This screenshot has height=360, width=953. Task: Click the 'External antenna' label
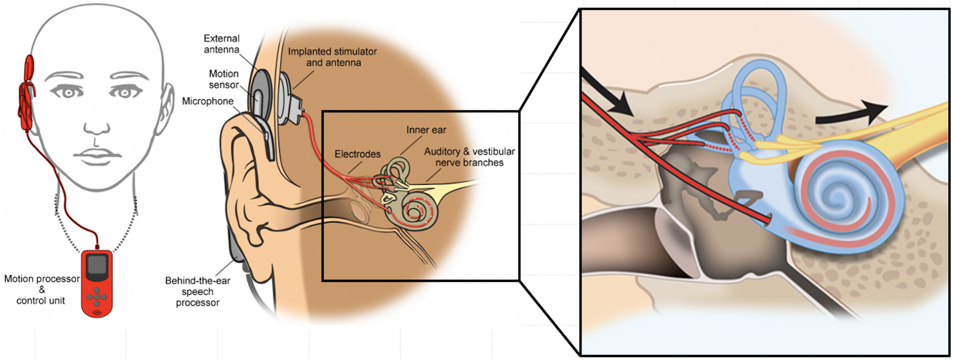coord(221,44)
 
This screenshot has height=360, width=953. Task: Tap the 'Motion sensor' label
coord(224,79)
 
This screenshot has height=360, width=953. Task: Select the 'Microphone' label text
coord(208,101)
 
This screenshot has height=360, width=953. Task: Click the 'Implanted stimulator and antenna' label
coord(332,57)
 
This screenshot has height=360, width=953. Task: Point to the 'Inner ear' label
coord(426,130)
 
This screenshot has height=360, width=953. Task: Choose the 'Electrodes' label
coord(357,154)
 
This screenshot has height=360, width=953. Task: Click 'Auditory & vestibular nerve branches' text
coord(469,157)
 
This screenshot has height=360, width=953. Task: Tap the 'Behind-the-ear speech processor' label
coord(198,291)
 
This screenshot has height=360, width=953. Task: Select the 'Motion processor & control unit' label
coord(41,289)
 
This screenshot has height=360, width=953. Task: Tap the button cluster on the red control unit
coord(97,297)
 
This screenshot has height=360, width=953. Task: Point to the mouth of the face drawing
coord(97,153)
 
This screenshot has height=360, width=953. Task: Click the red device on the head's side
coord(26,94)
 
